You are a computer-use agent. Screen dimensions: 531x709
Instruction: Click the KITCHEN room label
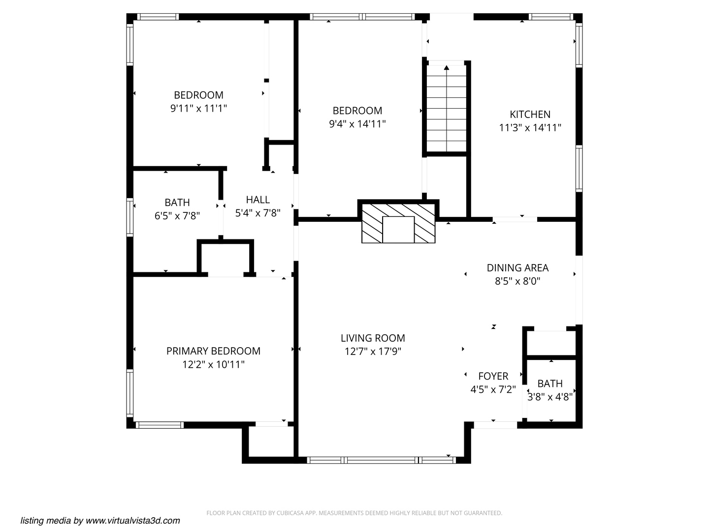click(530, 115)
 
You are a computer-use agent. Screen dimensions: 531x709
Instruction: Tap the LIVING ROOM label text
click(373, 338)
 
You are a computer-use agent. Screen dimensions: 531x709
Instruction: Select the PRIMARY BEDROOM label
click(213, 351)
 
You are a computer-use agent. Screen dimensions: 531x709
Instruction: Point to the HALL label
click(258, 200)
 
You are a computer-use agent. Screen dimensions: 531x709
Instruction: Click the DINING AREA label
click(517, 268)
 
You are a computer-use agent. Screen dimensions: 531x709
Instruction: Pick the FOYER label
click(493, 376)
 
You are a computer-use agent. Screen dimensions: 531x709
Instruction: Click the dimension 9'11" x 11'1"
click(198, 108)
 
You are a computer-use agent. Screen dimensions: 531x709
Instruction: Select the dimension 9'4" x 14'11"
click(357, 124)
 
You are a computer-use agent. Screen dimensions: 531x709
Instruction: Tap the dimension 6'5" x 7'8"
click(177, 215)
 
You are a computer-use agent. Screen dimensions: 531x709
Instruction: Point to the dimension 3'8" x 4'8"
click(550, 397)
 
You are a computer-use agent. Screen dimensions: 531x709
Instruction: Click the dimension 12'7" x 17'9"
click(373, 352)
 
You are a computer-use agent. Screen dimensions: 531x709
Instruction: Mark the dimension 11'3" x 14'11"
click(530, 128)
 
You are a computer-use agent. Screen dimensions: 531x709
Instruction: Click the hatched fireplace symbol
click(398, 223)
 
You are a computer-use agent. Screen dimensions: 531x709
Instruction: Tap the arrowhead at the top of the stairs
click(446, 67)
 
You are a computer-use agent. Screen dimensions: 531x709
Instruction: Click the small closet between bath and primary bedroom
click(226, 258)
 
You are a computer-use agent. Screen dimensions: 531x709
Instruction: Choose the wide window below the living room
click(381, 460)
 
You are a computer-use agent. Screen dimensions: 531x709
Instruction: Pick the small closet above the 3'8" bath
click(550, 343)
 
